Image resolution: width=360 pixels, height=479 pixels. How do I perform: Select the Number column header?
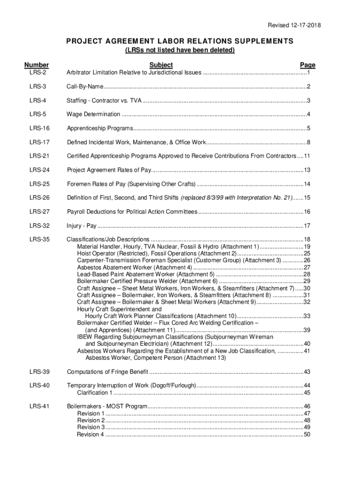click(36, 65)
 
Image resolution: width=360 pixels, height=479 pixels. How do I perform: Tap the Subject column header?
click(161, 65)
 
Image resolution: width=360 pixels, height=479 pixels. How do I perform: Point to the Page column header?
click(308, 65)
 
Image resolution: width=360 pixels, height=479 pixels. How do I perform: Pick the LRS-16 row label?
click(39, 128)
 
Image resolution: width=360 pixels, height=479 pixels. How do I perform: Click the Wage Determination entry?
click(93, 115)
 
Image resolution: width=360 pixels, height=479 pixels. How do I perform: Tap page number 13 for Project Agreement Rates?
click(307, 170)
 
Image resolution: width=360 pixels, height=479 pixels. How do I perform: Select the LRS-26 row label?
click(39, 198)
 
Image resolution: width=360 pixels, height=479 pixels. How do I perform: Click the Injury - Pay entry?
click(81, 226)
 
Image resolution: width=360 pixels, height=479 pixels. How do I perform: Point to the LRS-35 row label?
click(39, 239)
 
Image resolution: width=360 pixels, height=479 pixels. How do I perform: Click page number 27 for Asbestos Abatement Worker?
click(307, 268)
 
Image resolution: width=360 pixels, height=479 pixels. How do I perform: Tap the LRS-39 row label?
click(39, 372)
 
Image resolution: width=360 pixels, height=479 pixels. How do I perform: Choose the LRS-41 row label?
click(39, 406)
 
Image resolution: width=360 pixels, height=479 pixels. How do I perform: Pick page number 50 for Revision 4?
click(307, 435)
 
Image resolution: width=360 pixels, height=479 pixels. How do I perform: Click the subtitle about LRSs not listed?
click(180, 50)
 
